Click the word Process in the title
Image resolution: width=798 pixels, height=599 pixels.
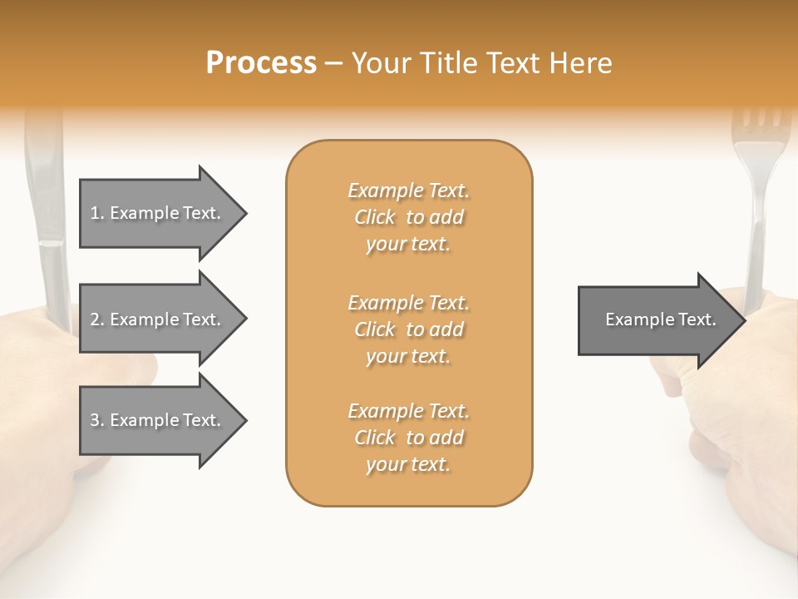(x=261, y=62)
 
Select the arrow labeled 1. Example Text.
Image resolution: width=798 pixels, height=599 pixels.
(x=158, y=213)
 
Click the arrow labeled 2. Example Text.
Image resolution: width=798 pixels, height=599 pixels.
(x=158, y=319)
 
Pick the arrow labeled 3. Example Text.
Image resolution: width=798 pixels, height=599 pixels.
(x=158, y=420)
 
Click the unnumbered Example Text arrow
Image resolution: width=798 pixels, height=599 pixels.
(x=657, y=319)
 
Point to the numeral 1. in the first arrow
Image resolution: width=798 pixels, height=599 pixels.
(x=96, y=213)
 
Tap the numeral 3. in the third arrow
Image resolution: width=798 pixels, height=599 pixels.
(x=96, y=420)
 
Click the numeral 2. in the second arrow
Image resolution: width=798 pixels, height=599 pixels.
(x=96, y=319)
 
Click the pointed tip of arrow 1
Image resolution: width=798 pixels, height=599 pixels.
(x=243, y=213)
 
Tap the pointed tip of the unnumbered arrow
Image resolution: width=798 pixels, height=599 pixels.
(x=742, y=319)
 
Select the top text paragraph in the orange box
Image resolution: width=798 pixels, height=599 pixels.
(x=408, y=217)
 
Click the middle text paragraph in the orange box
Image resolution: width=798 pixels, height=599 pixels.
(x=408, y=329)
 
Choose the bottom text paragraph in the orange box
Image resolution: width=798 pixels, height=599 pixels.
(x=408, y=438)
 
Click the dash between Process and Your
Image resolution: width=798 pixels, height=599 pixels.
(x=333, y=63)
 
